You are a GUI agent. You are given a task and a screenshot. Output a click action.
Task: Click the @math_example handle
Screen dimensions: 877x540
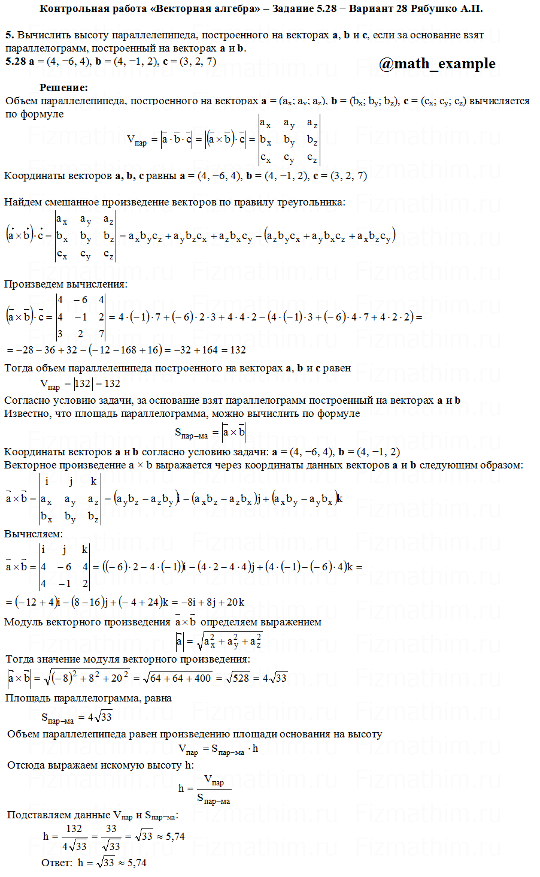coord(437,63)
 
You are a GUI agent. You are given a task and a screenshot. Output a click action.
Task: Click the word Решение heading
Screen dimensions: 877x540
coord(63,87)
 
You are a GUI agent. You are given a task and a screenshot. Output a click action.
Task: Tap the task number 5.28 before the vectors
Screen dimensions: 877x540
coord(16,61)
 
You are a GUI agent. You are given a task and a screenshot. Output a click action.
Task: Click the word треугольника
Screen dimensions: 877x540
coord(311,202)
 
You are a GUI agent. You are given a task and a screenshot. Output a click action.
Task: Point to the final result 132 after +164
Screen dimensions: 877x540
coord(238,350)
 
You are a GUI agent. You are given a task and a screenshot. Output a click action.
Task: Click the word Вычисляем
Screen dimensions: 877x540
coord(34,534)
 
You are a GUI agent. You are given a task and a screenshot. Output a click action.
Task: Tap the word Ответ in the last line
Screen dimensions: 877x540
coord(56,863)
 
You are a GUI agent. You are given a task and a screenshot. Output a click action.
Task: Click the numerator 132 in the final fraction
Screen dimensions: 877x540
coord(74,828)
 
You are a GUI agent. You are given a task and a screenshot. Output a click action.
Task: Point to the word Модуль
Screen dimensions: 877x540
coord(23,622)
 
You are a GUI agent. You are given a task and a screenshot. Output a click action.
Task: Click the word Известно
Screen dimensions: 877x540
coord(28,413)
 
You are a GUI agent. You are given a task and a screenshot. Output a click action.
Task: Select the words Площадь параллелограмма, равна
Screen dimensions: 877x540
coord(89,698)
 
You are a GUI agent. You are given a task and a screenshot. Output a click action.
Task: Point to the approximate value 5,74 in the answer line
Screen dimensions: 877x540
coord(136,863)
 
